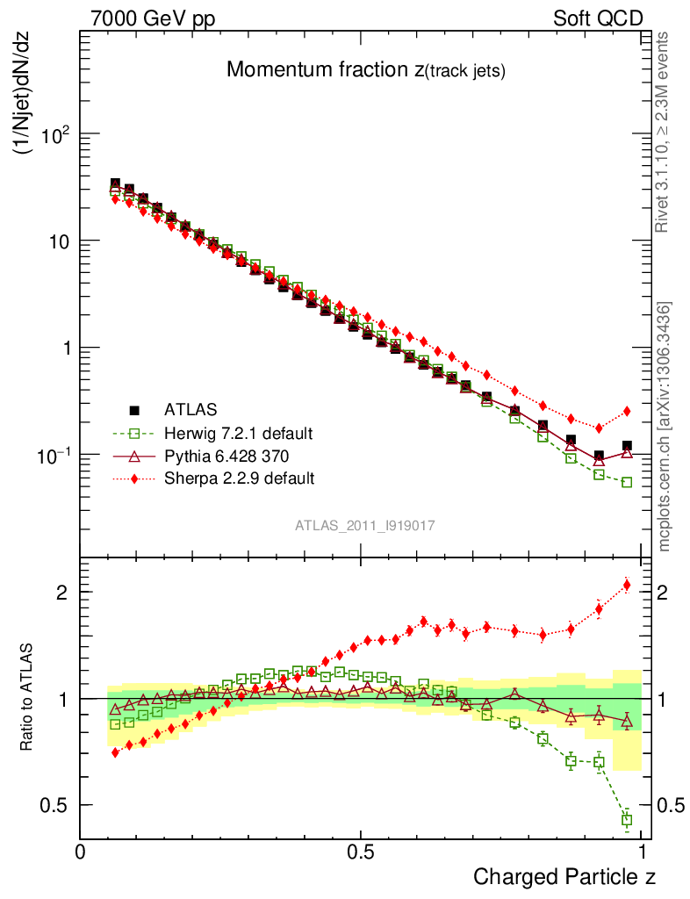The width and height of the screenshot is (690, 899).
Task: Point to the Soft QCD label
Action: coord(597,18)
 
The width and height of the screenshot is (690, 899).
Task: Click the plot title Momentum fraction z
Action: coord(366,71)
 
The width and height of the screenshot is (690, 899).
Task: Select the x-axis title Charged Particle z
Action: coord(564,876)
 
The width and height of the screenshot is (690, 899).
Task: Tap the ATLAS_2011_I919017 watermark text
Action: coord(365,525)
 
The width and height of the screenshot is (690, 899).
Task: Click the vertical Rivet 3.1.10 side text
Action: coord(664,132)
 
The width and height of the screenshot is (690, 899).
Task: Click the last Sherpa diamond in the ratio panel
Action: coord(627,585)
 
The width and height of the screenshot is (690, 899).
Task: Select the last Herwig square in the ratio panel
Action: coord(627,819)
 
